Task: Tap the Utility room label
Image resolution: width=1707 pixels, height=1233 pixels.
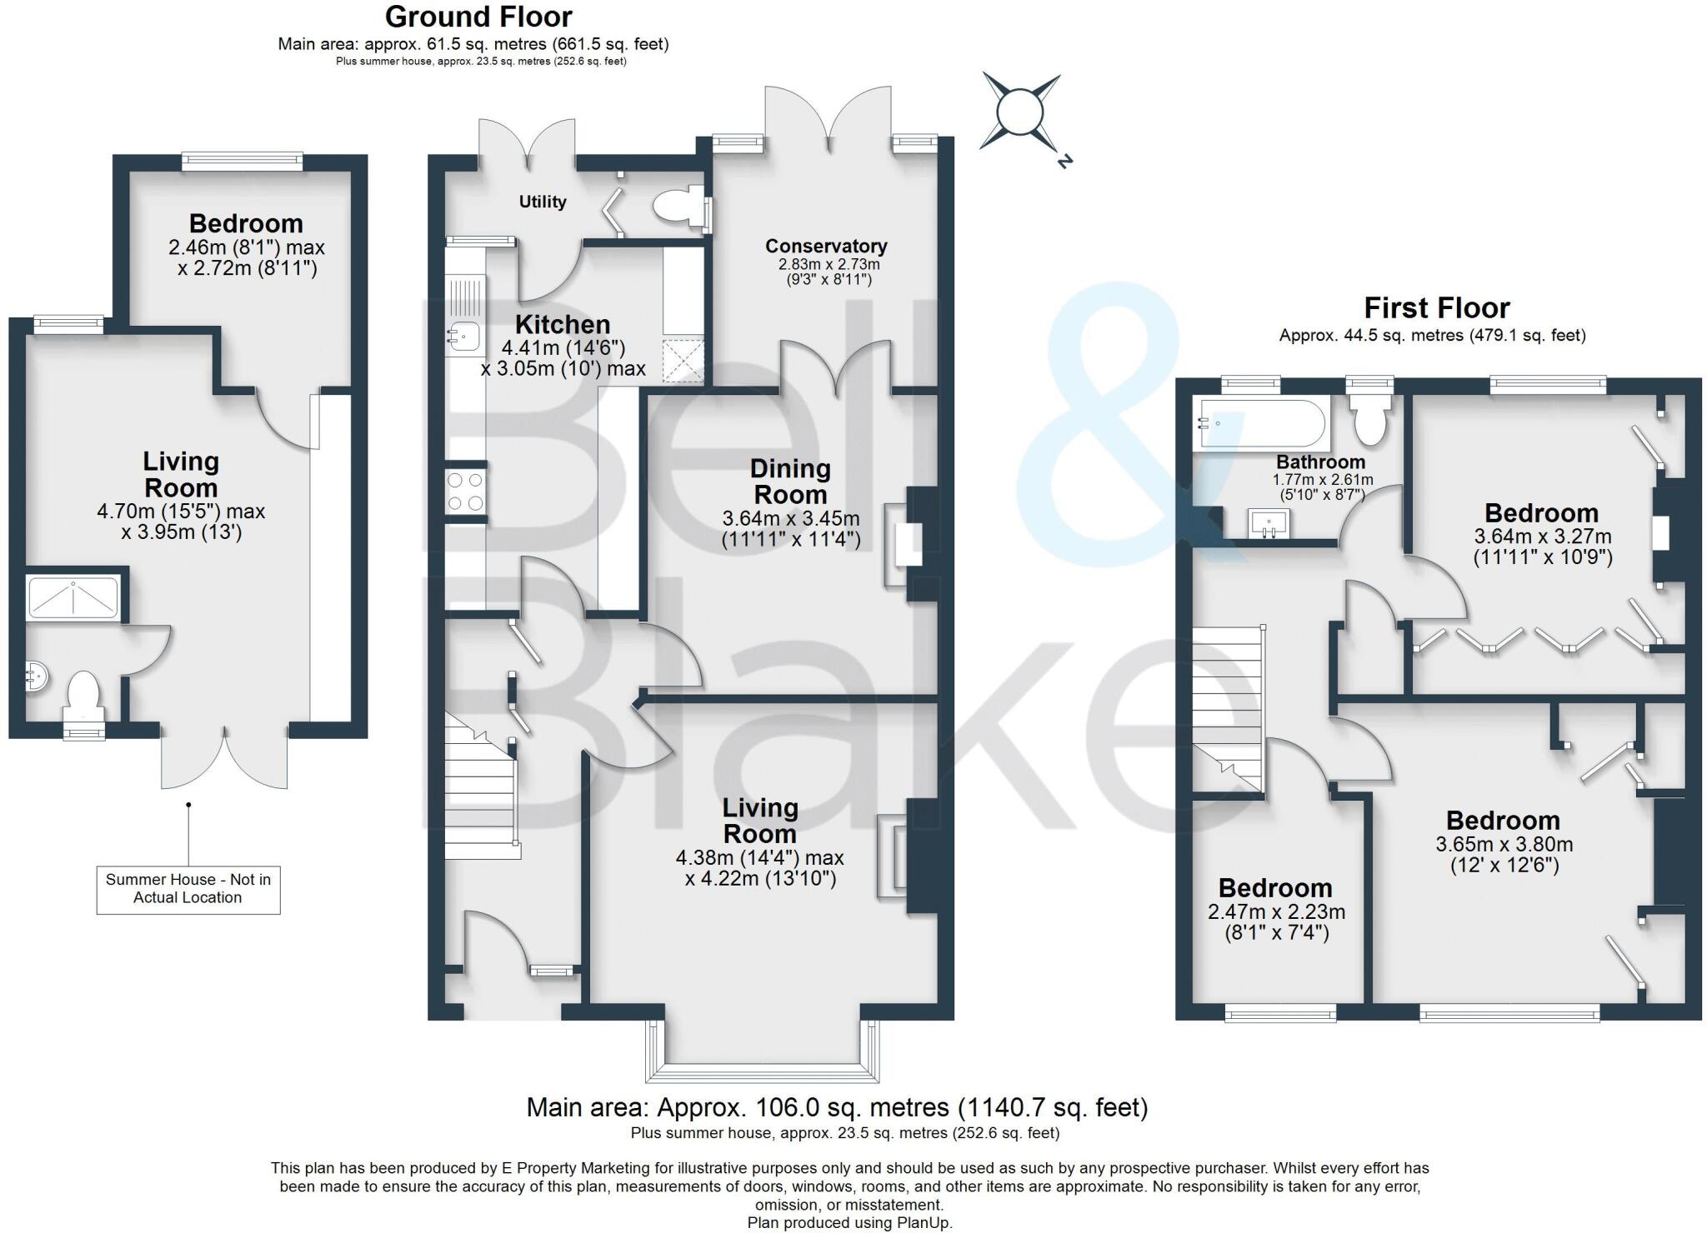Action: coord(543,202)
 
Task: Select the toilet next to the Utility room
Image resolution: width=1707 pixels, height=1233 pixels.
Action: coord(673,206)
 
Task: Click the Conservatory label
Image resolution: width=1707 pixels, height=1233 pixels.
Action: coord(826,246)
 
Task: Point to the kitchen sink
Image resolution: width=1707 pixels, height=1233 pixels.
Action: coord(462,337)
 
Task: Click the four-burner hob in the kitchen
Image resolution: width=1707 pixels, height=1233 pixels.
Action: coord(466,492)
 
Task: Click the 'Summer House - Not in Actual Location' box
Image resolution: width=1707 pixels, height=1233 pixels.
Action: coord(188,889)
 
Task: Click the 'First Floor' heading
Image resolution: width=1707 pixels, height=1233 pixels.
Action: coord(1436,308)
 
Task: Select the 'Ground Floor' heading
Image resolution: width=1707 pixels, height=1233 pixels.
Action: coord(478,17)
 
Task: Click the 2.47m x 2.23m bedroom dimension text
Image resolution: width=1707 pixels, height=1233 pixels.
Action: coord(1276,922)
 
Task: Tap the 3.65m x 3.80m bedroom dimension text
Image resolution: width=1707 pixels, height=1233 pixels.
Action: coord(1504,854)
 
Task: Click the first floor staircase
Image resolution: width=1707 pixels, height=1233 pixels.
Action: coord(1228,708)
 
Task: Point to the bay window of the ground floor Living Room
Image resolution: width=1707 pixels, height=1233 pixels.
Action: coord(763,1051)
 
